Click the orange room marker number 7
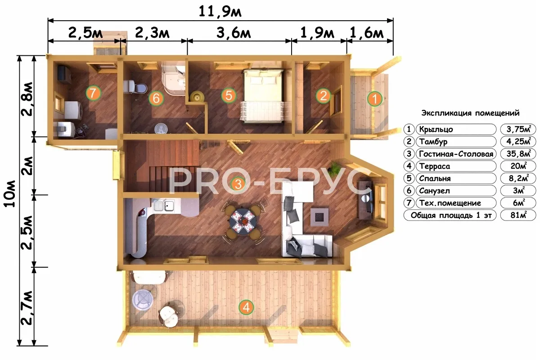pyautogui.click(x=93, y=93)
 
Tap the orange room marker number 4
pyautogui.click(x=246, y=307)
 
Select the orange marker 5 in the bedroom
pyautogui.click(x=229, y=95)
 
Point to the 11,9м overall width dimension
pyautogui.click(x=220, y=12)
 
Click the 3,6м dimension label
pyautogui.click(x=234, y=33)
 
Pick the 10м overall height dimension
pyautogui.click(x=9, y=193)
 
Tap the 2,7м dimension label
pyautogui.click(x=27, y=308)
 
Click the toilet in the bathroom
pyautogui.click(x=135, y=87)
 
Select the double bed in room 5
pyautogui.click(x=263, y=96)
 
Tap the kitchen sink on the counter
pyautogui.click(x=164, y=206)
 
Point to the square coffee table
pyautogui.click(x=319, y=217)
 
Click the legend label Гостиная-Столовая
pyautogui.click(x=456, y=154)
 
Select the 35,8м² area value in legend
pyautogui.click(x=518, y=153)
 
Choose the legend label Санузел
pyautogui.click(x=434, y=191)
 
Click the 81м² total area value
pyautogui.click(x=518, y=215)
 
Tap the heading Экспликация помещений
pyautogui.click(x=470, y=113)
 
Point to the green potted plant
pyautogui.click(x=334, y=166)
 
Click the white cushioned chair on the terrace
pyautogui.click(x=169, y=316)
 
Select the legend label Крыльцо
pyautogui.click(x=436, y=130)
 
